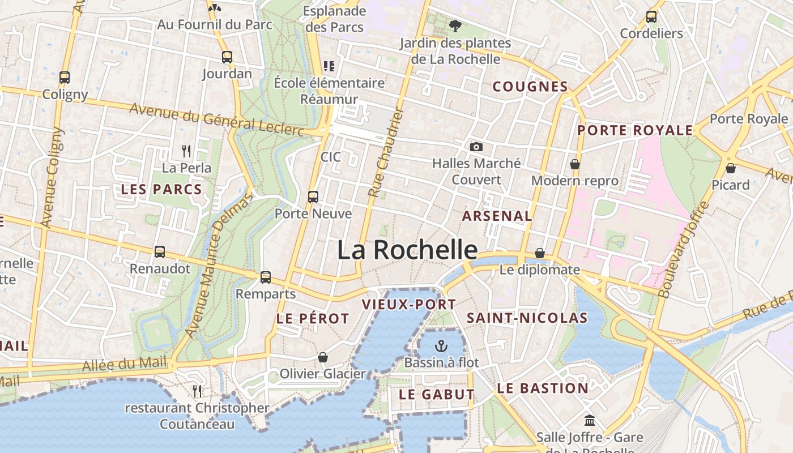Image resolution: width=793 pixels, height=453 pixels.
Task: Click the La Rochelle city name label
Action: pos(407,250)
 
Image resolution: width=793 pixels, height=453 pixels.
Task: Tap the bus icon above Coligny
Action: pos(65,78)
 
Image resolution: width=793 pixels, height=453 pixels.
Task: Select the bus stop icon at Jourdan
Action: pos(227,57)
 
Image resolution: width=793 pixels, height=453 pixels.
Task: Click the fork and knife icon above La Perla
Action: pos(186,151)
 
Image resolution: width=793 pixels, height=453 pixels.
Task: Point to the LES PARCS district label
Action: pos(161,190)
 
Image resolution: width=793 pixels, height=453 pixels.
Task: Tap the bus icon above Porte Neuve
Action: pos(313,197)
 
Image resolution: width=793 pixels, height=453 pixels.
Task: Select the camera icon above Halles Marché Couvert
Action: pos(476,147)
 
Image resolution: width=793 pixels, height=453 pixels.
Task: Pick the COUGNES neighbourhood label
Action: pos(530,87)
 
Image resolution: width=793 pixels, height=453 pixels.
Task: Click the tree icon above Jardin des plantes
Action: pos(454,25)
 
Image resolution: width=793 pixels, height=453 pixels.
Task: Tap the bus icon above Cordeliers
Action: pos(651,17)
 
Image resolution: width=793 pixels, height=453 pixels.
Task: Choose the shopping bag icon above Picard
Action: pos(731,168)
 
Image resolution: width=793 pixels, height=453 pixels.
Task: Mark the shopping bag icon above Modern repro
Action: pos(575,164)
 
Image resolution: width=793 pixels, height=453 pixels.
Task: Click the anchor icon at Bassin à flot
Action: pos(441,345)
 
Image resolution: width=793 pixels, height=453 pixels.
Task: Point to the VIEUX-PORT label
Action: pos(409,305)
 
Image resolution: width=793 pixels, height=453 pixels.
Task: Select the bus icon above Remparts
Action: pos(266,277)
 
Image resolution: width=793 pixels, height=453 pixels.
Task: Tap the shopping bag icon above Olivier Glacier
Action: pos(323,357)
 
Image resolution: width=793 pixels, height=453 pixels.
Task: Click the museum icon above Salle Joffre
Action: pos(590,421)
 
